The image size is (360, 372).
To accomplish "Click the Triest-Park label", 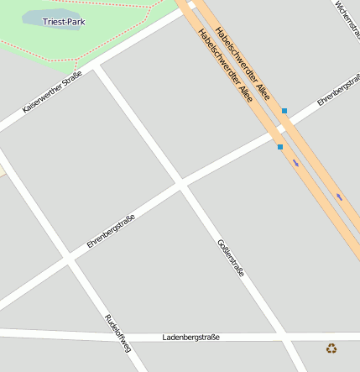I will coord(64,21).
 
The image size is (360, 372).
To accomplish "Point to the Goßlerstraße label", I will coord(231,258).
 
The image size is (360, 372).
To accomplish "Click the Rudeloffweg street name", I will coord(117,332).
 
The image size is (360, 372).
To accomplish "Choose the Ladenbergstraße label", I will coord(190,337).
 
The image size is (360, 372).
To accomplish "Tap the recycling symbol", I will coord(331,348).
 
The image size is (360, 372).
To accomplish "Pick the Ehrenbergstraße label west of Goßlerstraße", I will coord(111,231).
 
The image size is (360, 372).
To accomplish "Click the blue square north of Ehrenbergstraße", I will coord(284,111).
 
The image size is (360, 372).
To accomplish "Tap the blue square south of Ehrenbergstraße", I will coord(279,147).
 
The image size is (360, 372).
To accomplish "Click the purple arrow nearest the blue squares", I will coord(295,163).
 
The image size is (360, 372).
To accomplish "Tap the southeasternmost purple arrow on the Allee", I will coord(339,197).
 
